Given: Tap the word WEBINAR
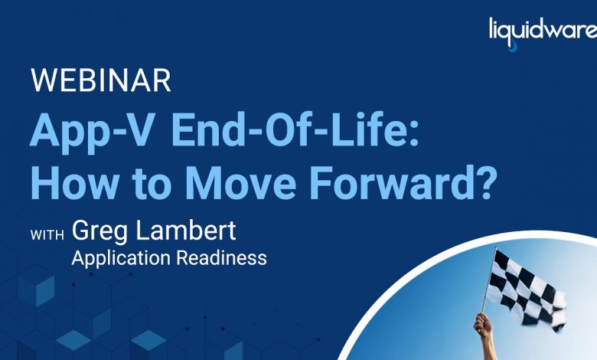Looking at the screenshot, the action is click(101, 80).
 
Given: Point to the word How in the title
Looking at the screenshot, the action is click(75, 182).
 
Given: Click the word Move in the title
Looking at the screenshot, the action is click(240, 182).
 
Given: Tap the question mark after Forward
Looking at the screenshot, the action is click(484, 182).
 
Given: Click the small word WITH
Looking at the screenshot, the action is click(47, 235).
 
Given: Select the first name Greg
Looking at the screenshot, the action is click(99, 232).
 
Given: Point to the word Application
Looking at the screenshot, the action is click(121, 259).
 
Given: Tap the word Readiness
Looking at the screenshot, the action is click(222, 258).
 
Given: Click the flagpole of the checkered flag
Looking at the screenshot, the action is click(489, 280).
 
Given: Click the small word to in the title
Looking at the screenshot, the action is click(152, 184).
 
